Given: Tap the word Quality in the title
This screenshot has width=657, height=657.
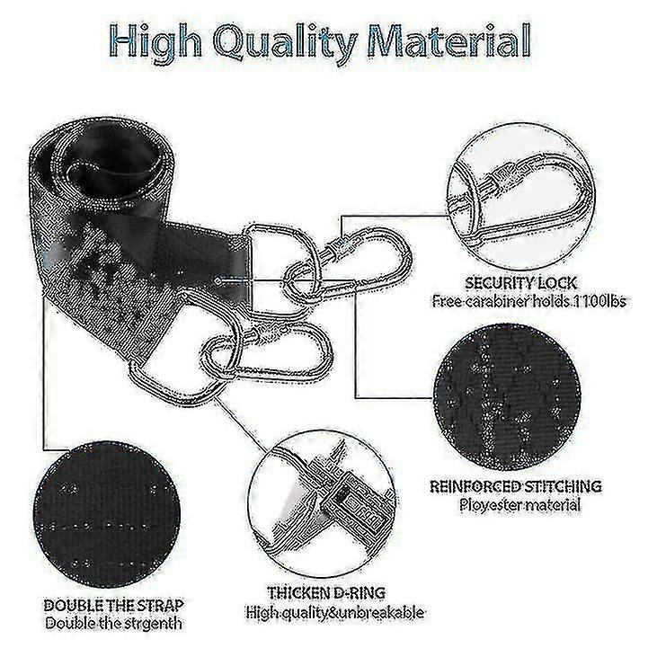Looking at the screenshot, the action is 286,44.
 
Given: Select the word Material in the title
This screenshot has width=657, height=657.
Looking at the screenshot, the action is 449,41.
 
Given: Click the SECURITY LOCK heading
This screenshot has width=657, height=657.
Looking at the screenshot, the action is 521,284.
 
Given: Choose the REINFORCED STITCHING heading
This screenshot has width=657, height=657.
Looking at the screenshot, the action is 516,486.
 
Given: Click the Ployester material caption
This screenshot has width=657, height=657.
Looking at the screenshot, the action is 519,504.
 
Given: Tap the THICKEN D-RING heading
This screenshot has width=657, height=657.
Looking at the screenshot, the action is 326,593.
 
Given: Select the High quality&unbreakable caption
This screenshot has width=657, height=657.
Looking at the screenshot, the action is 334,613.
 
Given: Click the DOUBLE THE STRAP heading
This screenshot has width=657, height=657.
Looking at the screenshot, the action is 113,606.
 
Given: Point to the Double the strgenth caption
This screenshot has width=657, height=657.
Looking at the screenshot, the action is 113,624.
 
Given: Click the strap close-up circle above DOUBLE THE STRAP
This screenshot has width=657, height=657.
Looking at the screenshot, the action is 107,514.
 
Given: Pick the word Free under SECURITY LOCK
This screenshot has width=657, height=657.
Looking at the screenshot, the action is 446,301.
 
